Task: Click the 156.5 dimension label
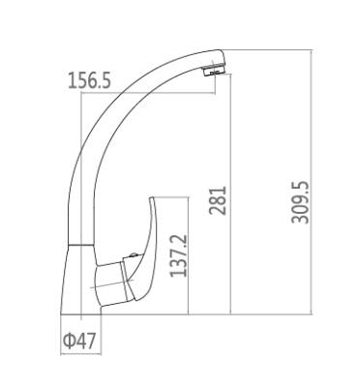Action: pos(89,80)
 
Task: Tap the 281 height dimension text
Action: pos(218,200)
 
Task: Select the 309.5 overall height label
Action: pos(300,202)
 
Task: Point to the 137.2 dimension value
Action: pos(178,255)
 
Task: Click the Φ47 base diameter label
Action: pos(79,341)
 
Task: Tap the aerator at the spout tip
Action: pos(215,70)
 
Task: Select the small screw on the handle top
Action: pos(133,255)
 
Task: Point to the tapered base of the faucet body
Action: pos(81,280)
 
